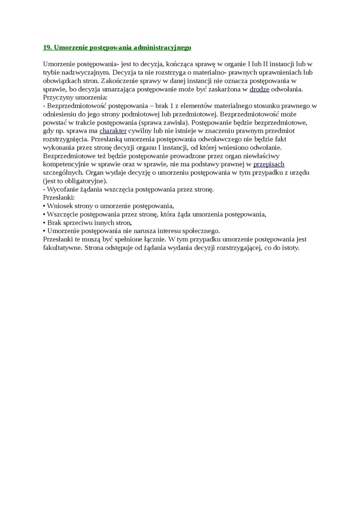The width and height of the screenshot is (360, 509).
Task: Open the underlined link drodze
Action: click(x=259, y=89)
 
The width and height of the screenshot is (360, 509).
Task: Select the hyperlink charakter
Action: click(x=113, y=131)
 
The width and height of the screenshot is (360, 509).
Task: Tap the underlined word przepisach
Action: click(x=269, y=164)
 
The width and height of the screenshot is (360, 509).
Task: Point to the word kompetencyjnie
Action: click(x=66, y=164)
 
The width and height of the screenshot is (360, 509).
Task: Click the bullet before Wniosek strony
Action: click(x=44, y=205)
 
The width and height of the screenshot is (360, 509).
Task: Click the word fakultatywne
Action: click(x=62, y=247)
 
